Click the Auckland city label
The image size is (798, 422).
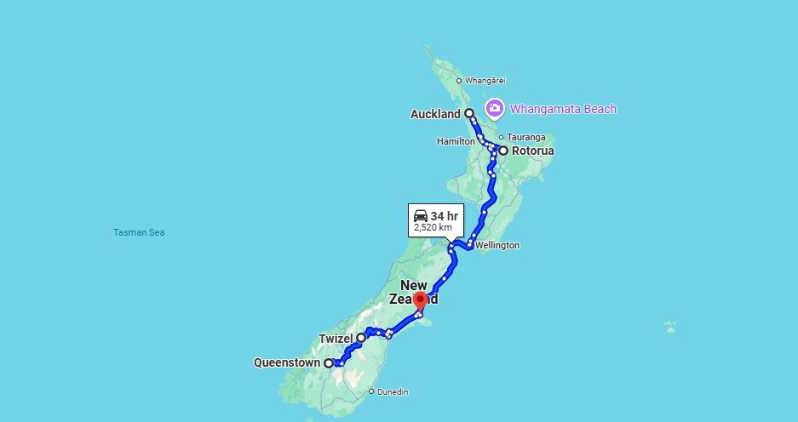pyautogui.click(x=435, y=114)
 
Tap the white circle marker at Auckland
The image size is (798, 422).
pyautogui.click(x=469, y=113)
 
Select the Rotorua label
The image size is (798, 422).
pyautogui.click(x=532, y=151)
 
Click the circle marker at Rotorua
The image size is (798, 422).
pyautogui.click(x=503, y=151)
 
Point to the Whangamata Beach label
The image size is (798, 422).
pyautogui.click(x=563, y=109)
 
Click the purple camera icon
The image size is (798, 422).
pyautogui.click(x=494, y=108)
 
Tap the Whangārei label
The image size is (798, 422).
pyautogui.click(x=485, y=81)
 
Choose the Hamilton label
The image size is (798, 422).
pyautogui.click(x=456, y=141)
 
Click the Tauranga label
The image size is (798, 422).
pyautogui.click(x=526, y=137)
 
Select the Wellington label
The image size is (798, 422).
pyautogui.click(x=498, y=245)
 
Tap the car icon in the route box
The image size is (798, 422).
pyautogui.click(x=421, y=216)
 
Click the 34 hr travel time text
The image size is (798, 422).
pyautogui.click(x=444, y=216)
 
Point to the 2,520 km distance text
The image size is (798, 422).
pyautogui.click(x=433, y=228)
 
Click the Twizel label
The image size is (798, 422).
pyautogui.click(x=335, y=339)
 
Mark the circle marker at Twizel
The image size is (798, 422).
pyautogui.click(x=361, y=338)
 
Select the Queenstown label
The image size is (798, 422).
pyautogui.click(x=287, y=363)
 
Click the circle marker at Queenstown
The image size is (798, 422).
pyautogui.click(x=329, y=363)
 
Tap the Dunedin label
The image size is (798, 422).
pyautogui.click(x=393, y=392)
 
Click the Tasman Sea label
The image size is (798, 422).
pyautogui.click(x=139, y=232)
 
